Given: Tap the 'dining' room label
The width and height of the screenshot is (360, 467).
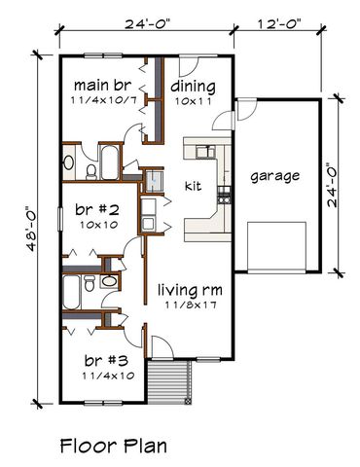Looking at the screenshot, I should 196,85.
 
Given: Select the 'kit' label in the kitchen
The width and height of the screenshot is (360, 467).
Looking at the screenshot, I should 193,185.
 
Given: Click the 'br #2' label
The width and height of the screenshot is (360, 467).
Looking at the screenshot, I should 96,209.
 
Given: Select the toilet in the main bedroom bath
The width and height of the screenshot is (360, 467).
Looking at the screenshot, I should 90,171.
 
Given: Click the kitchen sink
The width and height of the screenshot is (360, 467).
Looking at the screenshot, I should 206,150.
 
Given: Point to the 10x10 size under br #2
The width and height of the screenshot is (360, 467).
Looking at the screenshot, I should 96,224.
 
